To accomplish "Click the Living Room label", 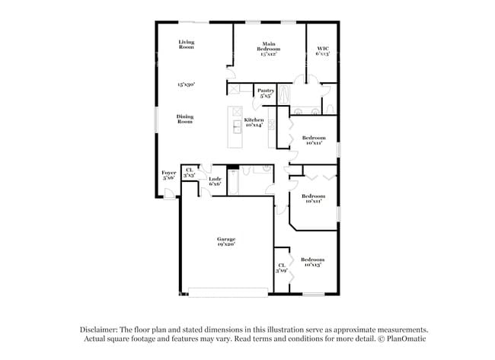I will point(187,45).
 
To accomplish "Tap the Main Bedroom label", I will point(268,49).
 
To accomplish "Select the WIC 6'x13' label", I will point(322,52).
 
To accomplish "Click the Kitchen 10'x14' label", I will point(254,123).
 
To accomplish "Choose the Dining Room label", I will point(185,119).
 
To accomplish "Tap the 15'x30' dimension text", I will point(187,84).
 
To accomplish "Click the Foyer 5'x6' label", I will point(169,175).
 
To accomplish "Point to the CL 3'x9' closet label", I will point(281,268).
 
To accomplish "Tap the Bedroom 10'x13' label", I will point(310,261).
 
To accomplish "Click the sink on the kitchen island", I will point(237,126).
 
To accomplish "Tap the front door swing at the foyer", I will point(169,196).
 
